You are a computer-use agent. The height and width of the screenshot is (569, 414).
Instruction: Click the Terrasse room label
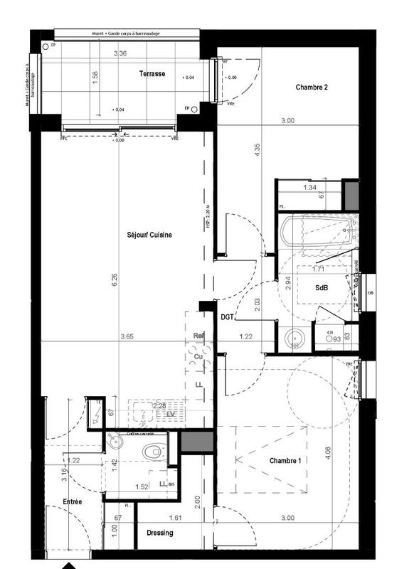point(152,73)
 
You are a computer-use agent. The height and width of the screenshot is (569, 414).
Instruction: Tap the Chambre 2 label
point(311,87)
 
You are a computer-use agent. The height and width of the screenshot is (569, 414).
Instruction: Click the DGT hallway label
point(228,317)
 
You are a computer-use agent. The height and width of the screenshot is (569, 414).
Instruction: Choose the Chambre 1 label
point(285,461)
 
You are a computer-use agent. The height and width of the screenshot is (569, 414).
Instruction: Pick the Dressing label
point(160,533)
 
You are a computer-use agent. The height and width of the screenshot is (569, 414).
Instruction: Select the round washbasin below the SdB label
point(293,339)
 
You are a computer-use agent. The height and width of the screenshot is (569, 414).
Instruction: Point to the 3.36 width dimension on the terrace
point(122,54)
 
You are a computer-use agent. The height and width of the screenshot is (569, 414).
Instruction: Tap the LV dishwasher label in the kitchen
point(171,413)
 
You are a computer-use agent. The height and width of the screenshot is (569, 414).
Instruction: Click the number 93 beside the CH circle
point(336,340)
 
